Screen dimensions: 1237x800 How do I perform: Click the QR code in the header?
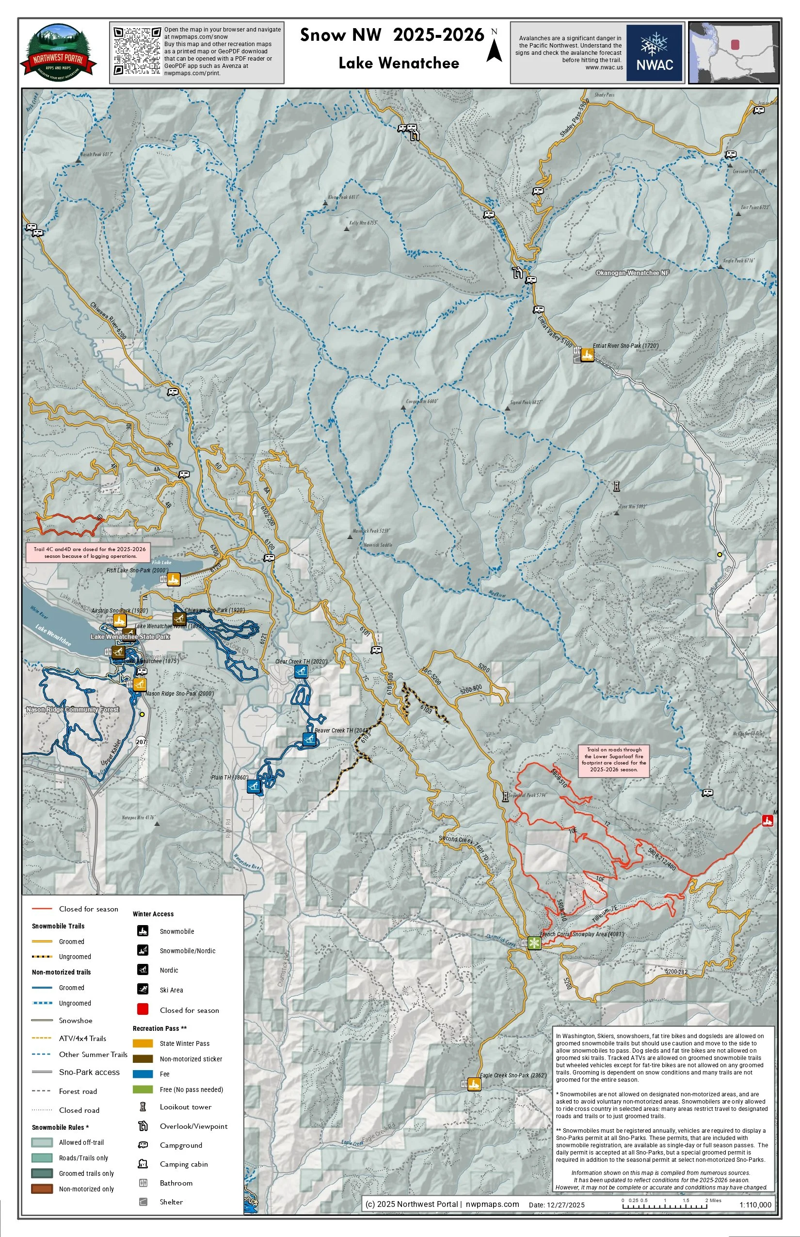click(x=137, y=51)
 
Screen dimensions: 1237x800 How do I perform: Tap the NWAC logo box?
click(x=655, y=52)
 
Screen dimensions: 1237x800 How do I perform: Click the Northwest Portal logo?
click(x=58, y=52)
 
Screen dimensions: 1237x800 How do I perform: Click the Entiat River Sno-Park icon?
click(x=587, y=355)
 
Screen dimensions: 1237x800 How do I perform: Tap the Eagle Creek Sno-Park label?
click(x=513, y=1075)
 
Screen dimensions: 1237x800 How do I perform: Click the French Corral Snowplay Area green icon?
click(x=534, y=943)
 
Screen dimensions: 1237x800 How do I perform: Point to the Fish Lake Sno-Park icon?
click(x=174, y=579)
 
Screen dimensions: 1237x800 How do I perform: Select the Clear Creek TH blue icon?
click(x=301, y=671)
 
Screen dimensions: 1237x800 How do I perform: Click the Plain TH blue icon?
click(x=254, y=786)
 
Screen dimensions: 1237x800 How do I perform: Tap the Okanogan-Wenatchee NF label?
click(x=632, y=273)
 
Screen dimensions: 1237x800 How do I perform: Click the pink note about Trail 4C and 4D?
click(x=90, y=553)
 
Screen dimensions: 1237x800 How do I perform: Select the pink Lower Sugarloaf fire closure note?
click(x=613, y=759)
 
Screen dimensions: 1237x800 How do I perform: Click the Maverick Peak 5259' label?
click(x=371, y=531)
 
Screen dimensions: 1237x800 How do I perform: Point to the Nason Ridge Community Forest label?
click(x=73, y=709)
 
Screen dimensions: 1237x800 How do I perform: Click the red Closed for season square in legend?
click(x=143, y=1009)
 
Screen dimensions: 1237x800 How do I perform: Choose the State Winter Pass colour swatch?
click(x=143, y=1043)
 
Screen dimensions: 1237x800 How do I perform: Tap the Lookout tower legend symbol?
click(x=143, y=1107)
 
